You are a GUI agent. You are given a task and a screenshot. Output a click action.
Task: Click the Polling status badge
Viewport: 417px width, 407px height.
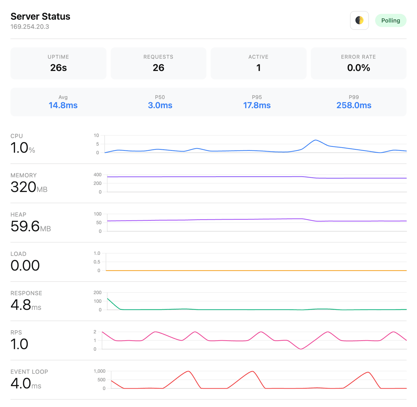pos(390,20)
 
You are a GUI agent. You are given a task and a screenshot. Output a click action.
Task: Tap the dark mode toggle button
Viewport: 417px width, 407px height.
pos(359,20)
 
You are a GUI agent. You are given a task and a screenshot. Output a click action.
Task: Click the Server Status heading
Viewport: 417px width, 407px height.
pos(40,16)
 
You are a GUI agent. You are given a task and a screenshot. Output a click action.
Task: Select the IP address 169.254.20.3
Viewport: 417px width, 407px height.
pos(30,27)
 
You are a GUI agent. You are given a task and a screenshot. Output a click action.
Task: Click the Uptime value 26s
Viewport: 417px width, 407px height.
pos(58,68)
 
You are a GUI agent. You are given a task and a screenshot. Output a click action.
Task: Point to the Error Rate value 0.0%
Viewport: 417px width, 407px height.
pos(358,68)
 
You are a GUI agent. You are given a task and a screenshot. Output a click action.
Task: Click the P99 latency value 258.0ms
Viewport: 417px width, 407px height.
pos(354,105)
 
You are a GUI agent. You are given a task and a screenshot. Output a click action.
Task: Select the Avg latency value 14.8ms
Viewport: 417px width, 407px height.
pos(63,105)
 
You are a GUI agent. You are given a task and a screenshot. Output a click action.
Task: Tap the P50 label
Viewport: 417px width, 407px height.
pos(160,97)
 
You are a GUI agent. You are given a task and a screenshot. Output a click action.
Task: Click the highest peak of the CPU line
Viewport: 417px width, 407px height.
pos(315,140)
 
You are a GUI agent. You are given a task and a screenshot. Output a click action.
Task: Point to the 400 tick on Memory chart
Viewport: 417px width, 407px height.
pos(97,175)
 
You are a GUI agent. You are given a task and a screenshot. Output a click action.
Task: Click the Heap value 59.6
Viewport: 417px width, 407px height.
pos(25,226)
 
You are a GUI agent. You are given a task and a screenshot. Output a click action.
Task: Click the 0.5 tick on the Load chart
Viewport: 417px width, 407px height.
pos(97,262)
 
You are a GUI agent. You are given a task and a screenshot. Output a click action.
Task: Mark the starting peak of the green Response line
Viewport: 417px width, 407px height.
pos(108,299)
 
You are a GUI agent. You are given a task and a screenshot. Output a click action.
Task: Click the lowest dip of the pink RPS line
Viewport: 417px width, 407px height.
pos(301,349)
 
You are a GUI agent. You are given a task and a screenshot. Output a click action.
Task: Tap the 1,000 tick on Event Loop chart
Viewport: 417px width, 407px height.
pos(99,371)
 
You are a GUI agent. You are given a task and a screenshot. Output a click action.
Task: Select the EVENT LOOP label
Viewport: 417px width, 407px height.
pos(29,372)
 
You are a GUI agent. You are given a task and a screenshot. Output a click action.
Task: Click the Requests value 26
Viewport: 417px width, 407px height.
pos(158,68)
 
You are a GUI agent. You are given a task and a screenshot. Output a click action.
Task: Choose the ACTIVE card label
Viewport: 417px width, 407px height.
pos(258,57)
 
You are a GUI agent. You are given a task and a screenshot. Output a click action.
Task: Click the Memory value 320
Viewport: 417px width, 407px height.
pos(23,187)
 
